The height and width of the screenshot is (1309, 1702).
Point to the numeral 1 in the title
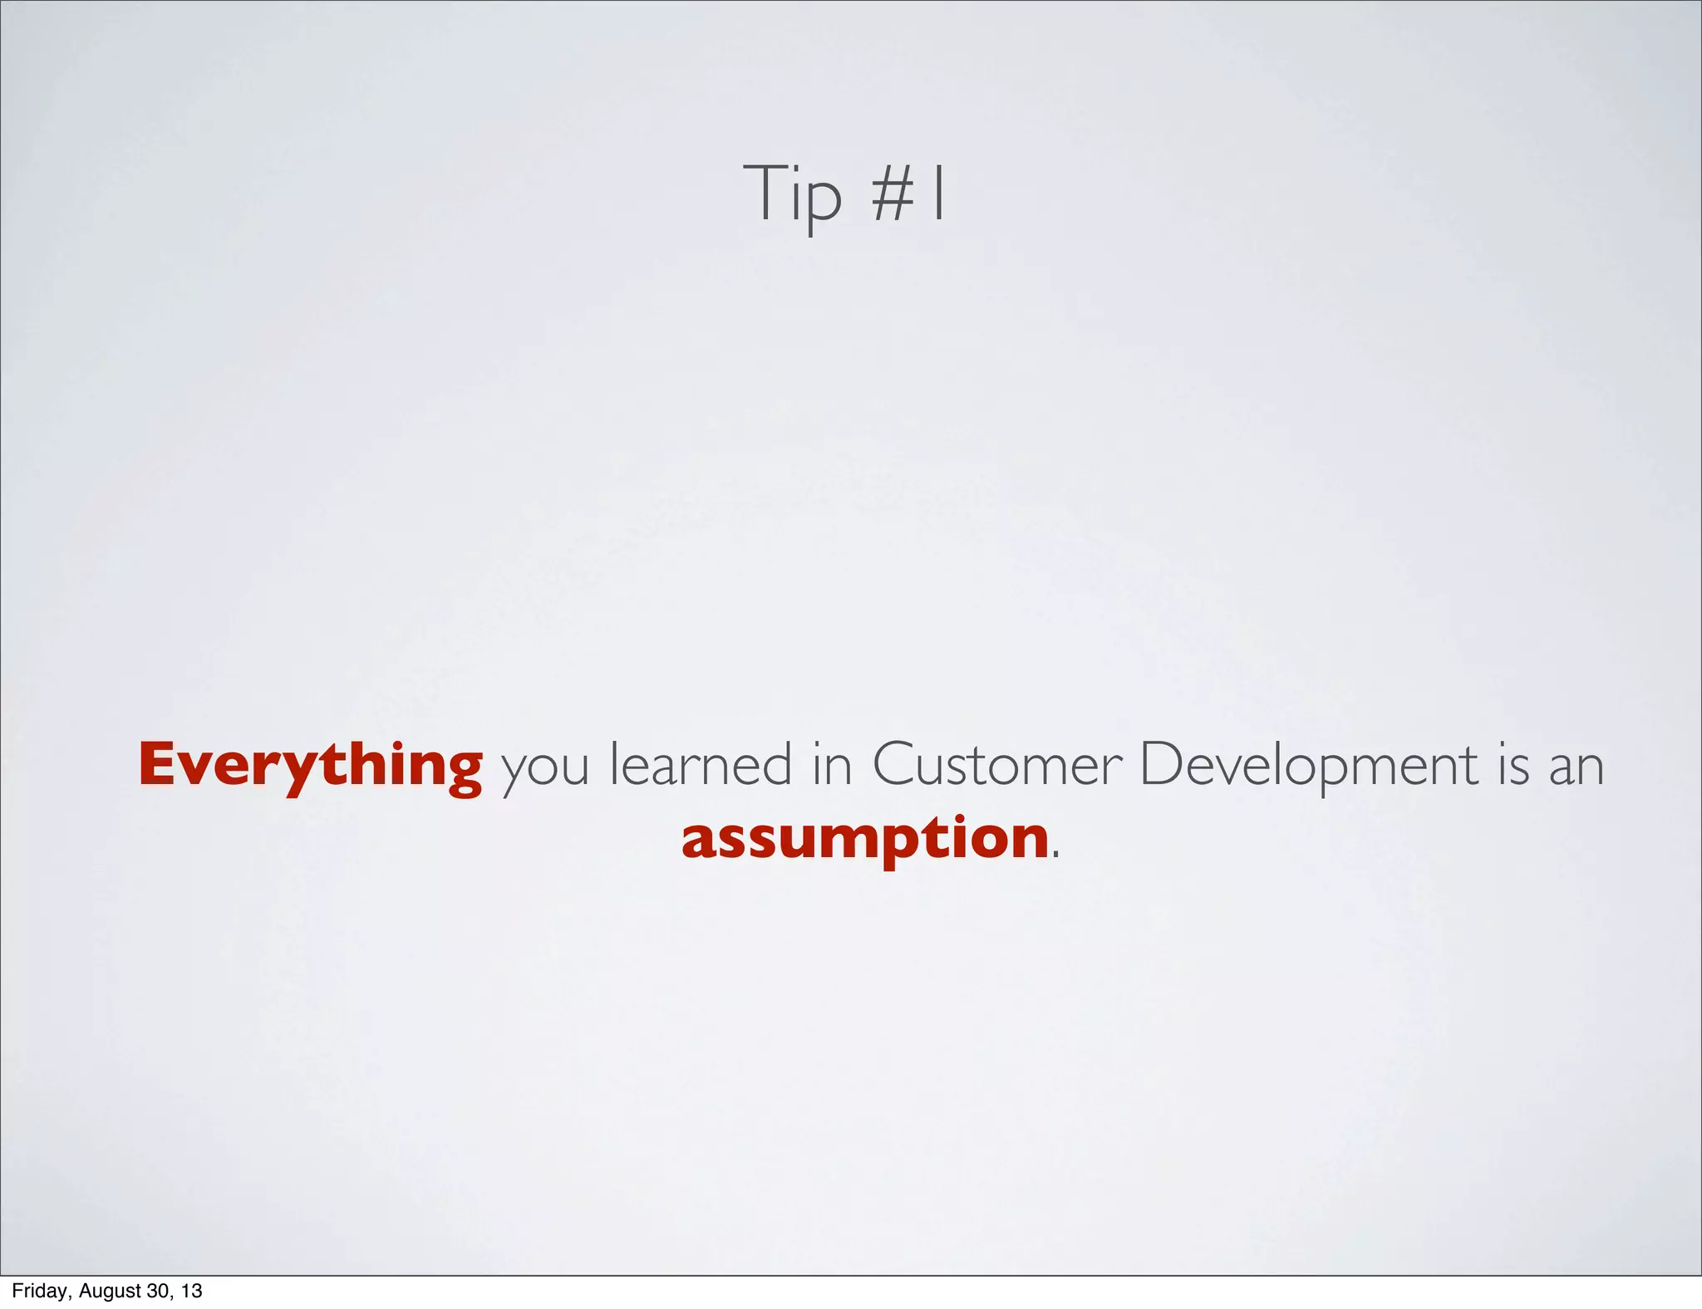(938, 194)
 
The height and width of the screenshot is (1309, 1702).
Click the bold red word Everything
(310, 766)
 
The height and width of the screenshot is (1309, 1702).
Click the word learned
(701, 764)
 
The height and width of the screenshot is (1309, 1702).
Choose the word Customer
(996, 764)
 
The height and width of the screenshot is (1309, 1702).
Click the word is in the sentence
(1513, 764)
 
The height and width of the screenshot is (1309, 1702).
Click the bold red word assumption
(865, 839)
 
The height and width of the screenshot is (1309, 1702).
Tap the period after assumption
(1056, 855)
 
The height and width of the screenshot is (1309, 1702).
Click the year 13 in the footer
(192, 1291)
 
